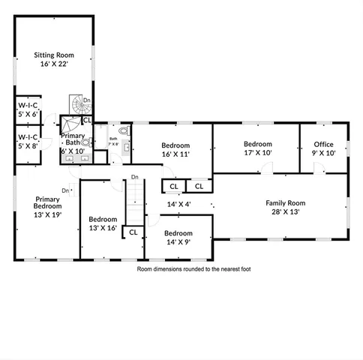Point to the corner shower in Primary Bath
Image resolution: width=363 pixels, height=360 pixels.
tap(72, 124)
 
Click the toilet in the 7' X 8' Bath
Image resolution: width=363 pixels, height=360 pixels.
tap(124, 130)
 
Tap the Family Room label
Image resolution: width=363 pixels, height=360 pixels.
tap(286, 202)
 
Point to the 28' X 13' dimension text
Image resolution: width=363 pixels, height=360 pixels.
tap(286, 211)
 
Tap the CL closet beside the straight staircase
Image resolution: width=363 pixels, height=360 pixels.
tap(133, 232)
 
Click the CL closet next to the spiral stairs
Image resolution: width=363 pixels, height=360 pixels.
tap(86, 119)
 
